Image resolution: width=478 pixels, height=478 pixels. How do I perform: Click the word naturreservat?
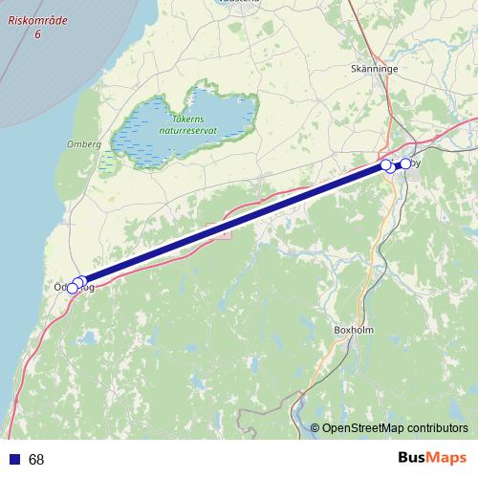point(187,129)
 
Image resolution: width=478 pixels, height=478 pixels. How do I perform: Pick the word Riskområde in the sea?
point(35,20)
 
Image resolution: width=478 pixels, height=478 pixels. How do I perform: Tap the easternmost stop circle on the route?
point(405,164)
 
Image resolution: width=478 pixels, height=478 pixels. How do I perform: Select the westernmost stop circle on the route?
point(72,288)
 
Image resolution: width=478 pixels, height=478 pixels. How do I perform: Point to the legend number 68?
point(36,460)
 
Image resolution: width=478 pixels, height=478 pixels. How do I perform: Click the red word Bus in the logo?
point(412,458)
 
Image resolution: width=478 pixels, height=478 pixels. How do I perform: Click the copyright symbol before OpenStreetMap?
point(315,428)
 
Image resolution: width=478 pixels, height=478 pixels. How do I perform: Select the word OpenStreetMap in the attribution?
point(364,428)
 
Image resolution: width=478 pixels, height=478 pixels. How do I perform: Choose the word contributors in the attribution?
point(439,428)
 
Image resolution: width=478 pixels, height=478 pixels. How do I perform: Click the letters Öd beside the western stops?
point(61,287)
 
